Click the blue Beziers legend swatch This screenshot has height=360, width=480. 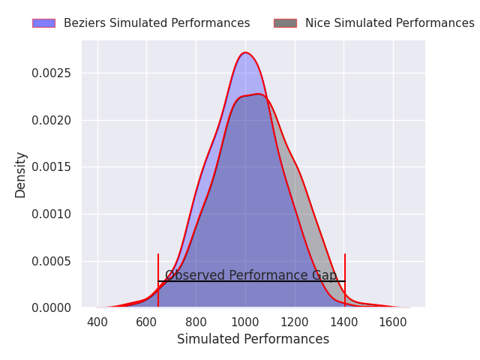point(43,23)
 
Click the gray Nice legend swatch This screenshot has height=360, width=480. point(285,23)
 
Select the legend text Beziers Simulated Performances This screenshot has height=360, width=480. point(157,23)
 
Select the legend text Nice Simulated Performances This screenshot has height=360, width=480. point(390,23)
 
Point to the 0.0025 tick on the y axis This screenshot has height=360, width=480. point(51,73)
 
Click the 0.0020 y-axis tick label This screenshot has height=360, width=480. point(51,120)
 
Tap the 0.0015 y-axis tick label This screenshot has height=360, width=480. point(51,167)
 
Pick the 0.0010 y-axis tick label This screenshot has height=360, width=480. point(51,214)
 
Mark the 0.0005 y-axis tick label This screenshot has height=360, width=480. point(51,261)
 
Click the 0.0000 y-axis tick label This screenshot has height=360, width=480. point(51,308)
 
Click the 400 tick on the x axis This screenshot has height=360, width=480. point(97,322)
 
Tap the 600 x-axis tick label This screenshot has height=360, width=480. point(147,322)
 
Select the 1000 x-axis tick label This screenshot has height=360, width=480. point(245,322)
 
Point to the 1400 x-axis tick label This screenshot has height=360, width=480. point(344,322)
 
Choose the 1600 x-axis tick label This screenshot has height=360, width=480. point(393,322)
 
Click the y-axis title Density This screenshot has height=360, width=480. point(20,175)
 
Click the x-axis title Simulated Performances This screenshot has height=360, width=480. point(253,339)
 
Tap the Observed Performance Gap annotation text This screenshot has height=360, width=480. point(251,275)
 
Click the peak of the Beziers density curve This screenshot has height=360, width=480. point(245,52)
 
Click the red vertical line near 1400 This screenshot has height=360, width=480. point(345,280)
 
